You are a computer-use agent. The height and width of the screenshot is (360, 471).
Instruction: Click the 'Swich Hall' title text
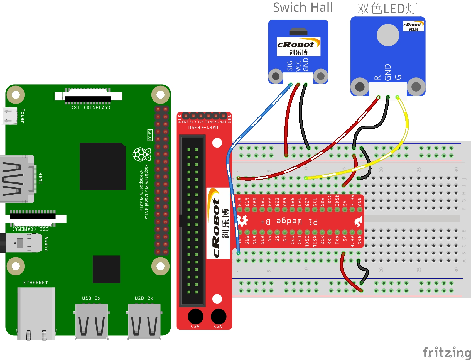303,8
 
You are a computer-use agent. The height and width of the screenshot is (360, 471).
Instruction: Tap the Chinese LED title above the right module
387,9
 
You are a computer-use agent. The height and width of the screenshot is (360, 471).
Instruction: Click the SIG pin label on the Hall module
290,66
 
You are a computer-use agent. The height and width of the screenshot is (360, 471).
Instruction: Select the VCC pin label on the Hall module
298,66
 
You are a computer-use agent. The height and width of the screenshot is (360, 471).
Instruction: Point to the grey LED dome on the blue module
388,35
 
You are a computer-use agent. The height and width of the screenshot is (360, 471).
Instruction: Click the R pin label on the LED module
377,77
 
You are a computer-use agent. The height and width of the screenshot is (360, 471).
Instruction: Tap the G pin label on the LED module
398,77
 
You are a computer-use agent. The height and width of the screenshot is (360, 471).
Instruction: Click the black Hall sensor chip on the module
298,31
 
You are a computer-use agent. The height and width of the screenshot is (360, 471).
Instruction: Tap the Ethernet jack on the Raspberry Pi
36,313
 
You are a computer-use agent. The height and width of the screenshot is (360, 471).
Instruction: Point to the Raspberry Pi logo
142,155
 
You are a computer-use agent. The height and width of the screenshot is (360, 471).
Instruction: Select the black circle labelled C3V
195,316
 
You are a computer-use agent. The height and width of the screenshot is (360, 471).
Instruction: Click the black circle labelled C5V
219,316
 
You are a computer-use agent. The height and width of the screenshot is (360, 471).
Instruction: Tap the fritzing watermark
447,352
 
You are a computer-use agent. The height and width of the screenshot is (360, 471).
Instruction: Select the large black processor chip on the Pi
102,166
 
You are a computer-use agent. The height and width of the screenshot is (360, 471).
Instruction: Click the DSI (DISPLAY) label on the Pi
91,107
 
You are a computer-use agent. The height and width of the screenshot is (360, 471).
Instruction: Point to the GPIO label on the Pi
150,135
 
